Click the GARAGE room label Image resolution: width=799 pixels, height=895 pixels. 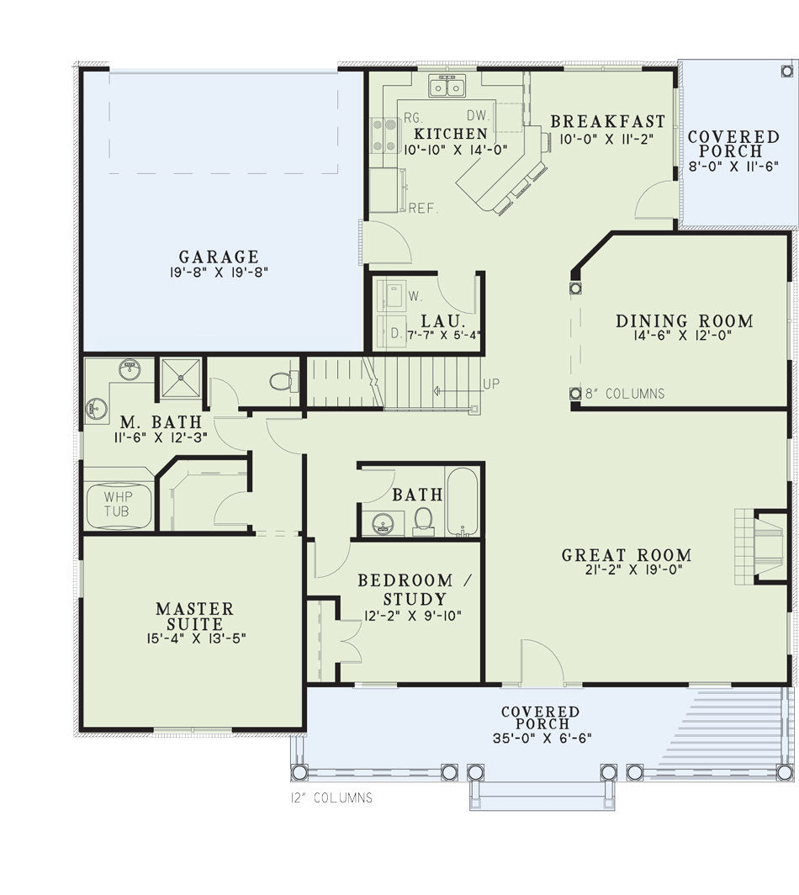point(219,257)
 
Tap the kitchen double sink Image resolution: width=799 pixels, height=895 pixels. point(447,86)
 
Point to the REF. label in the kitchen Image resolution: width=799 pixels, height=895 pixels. point(423,209)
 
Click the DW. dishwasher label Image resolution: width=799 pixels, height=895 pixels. point(479,115)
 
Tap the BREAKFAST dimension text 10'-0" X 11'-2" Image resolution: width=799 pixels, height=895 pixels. point(606,139)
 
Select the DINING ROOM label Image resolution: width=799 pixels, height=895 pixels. point(685,320)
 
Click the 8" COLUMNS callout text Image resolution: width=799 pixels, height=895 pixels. point(625,394)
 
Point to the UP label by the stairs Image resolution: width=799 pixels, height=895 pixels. point(491,384)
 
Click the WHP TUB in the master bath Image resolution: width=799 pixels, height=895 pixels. point(119,506)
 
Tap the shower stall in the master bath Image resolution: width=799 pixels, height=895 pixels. point(180,378)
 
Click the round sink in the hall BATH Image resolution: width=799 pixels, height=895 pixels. point(382,523)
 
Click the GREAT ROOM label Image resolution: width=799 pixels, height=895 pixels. point(627,555)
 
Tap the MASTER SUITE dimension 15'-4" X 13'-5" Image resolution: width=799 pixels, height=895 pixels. point(196,638)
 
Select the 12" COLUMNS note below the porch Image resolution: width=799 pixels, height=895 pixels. point(331,797)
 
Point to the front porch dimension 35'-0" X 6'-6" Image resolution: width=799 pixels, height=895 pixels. point(542,738)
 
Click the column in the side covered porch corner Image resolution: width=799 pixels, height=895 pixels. point(786,71)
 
